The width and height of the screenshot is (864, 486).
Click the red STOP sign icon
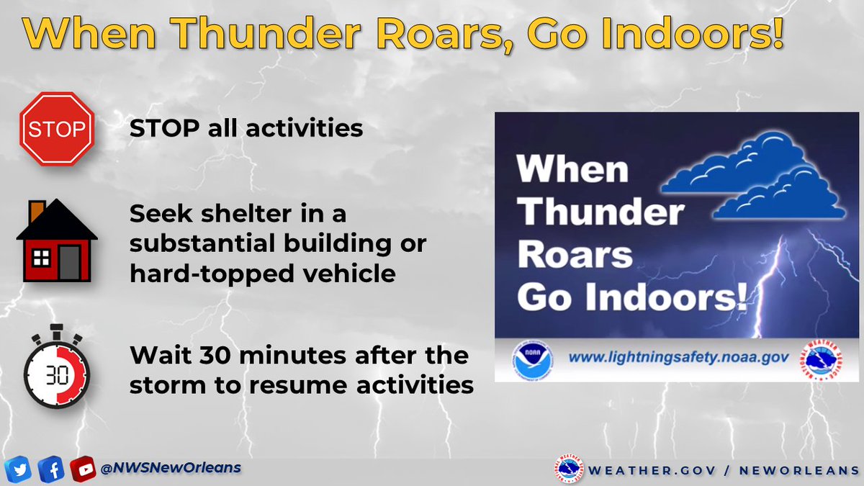pos(57,130)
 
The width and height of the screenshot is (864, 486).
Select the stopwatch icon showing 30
pos(56,372)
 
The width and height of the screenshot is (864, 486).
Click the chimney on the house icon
pos(36,210)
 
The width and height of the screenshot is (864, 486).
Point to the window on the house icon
pos(42,258)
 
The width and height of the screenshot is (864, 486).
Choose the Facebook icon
pos(50,469)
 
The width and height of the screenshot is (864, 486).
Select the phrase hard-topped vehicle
pos(263,274)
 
